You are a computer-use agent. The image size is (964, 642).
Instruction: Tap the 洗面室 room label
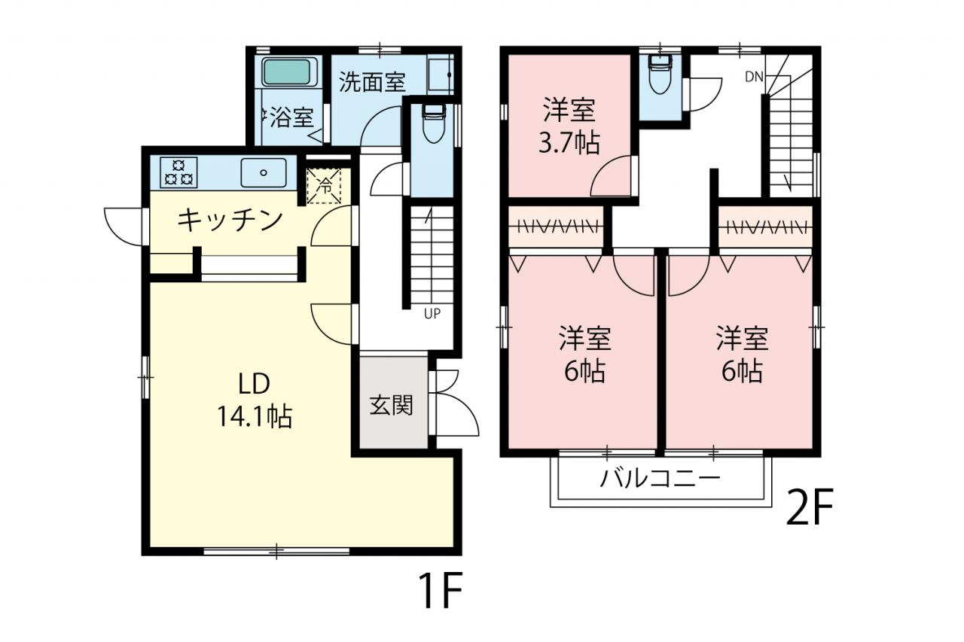click(x=372, y=82)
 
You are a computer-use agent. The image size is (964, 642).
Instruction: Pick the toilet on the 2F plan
click(x=660, y=75)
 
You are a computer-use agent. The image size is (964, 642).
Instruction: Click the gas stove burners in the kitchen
click(x=179, y=172)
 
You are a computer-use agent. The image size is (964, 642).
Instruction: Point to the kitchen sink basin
click(x=264, y=172)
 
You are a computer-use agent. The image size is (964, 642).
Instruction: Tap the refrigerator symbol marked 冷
click(x=324, y=186)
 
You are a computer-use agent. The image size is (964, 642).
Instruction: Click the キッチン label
click(x=230, y=221)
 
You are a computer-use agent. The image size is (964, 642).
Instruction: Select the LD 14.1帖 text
click(x=255, y=400)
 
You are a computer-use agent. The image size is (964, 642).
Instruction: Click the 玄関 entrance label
click(x=391, y=405)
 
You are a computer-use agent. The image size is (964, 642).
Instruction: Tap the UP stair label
click(x=432, y=314)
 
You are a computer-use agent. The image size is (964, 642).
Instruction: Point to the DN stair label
click(x=754, y=77)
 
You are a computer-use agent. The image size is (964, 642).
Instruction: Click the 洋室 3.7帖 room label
click(x=569, y=126)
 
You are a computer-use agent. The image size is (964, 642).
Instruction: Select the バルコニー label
click(x=660, y=479)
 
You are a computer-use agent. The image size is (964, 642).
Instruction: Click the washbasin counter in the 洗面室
click(x=441, y=75)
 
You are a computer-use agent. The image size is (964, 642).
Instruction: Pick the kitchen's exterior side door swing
click(x=124, y=227)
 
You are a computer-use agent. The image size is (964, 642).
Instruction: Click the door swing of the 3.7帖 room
click(x=612, y=176)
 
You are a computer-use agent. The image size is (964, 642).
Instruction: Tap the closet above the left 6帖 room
click(x=556, y=227)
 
